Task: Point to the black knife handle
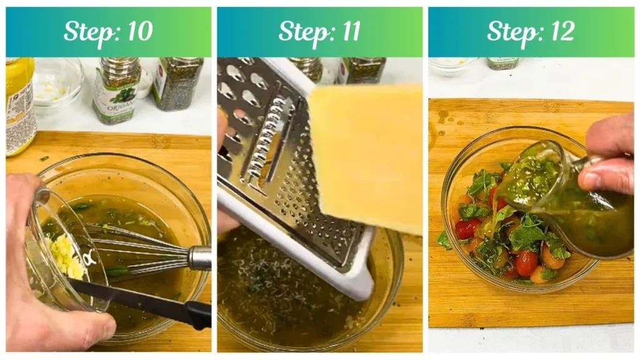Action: (191, 312)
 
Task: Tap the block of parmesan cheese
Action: (366, 156)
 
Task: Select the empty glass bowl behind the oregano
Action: (57, 81)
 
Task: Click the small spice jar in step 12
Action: (502, 62)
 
